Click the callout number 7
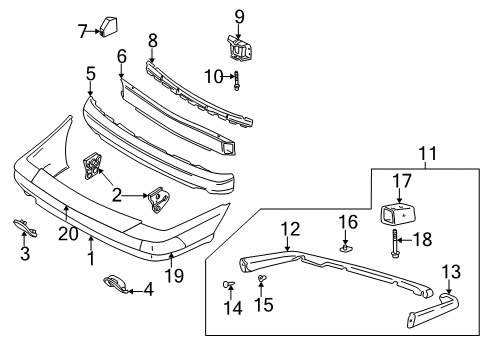pyautogui.click(x=82, y=31)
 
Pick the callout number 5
pyautogui.click(x=90, y=73)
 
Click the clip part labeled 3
pyautogui.click(x=24, y=228)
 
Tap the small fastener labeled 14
pyautogui.click(x=229, y=287)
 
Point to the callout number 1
pyautogui.click(x=91, y=258)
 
